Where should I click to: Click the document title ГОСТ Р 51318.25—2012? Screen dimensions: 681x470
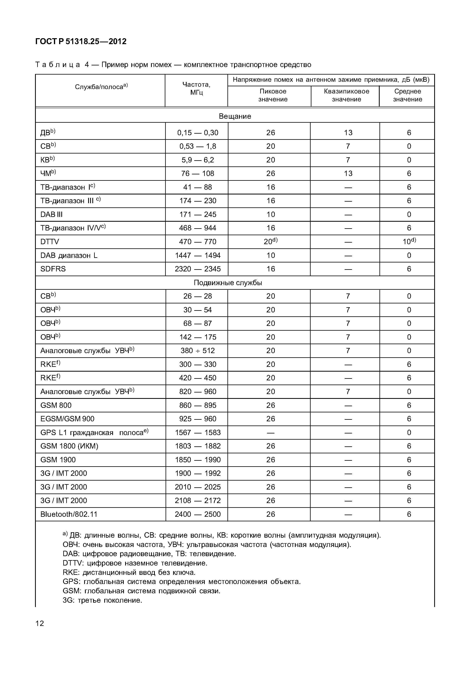(x=81, y=42)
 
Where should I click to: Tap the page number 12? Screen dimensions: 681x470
(x=40, y=623)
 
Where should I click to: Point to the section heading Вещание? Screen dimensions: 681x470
(x=235, y=116)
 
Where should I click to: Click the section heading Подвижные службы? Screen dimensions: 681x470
(x=228, y=283)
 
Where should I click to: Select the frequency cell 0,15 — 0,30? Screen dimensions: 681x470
(x=198, y=133)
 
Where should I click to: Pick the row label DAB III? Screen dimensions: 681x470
(x=52, y=215)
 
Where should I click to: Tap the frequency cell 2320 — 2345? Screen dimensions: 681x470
(x=198, y=269)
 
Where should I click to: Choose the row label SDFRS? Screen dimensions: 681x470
(x=53, y=269)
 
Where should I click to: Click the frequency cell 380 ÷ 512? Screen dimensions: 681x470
(x=198, y=351)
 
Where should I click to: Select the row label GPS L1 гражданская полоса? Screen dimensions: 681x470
(x=94, y=433)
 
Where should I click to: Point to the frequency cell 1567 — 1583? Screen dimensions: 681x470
(x=198, y=433)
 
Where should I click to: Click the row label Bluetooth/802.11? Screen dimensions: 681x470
(x=69, y=514)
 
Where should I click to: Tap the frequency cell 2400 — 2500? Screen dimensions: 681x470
(x=198, y=514)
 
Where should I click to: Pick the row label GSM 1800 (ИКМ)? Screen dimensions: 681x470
(x=69, y=446)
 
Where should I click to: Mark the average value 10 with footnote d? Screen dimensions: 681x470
(x=409, y=242)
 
